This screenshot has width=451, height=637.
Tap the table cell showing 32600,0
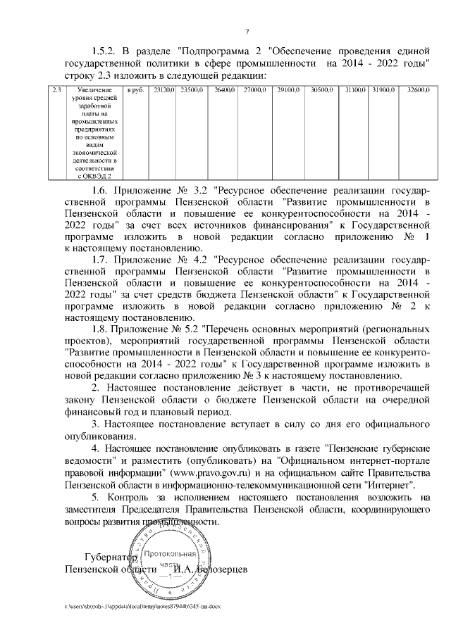point(418,90)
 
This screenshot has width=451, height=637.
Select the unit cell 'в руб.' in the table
point(135,90)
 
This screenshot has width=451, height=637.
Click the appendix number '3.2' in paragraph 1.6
point(203,190)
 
